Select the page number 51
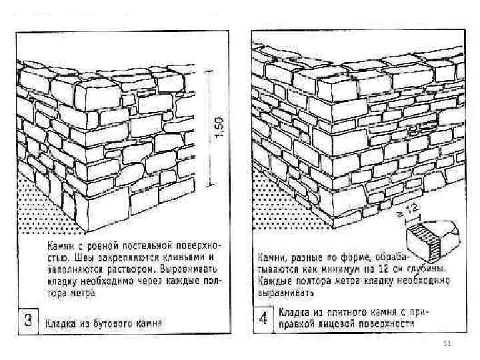pos(448,343)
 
